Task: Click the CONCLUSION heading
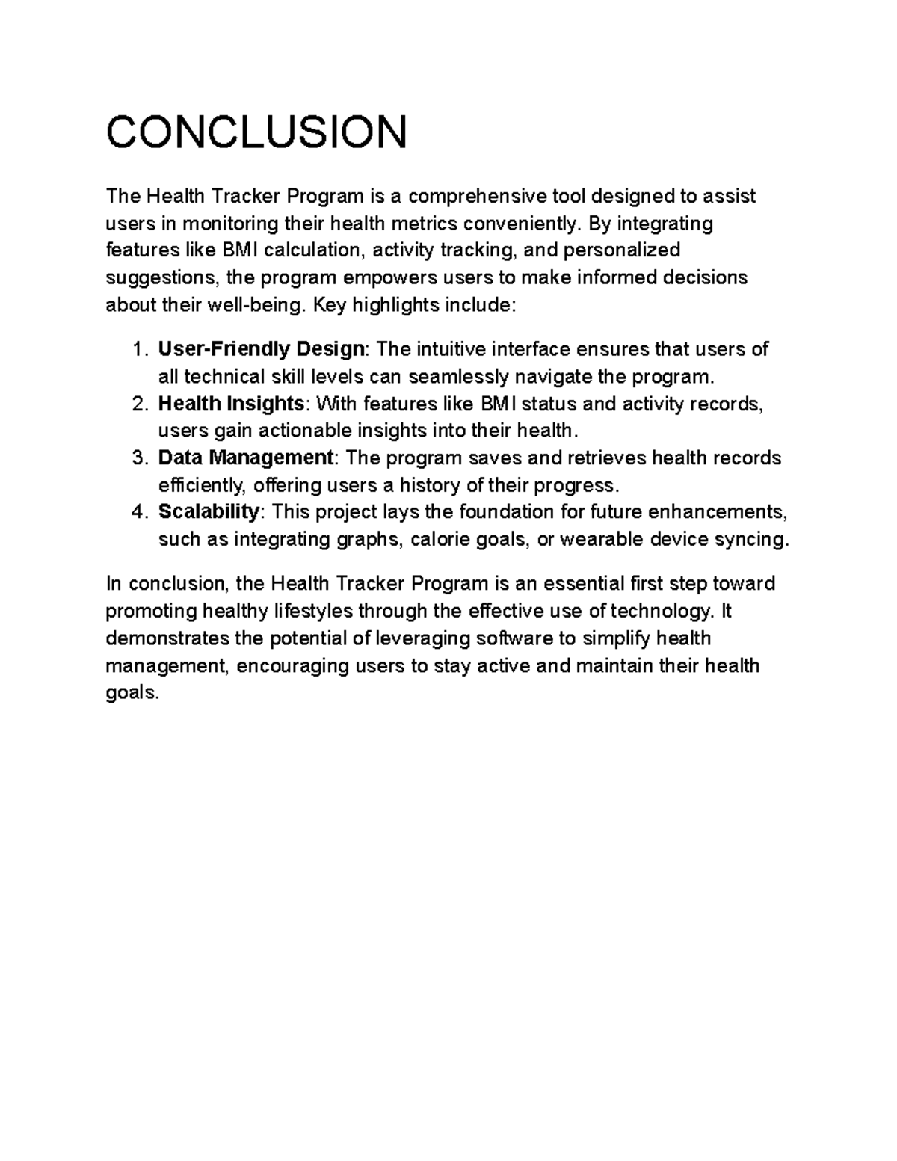point(256,132)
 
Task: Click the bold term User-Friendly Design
point(262,349)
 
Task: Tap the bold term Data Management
point(246,458)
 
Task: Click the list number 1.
point(138,349)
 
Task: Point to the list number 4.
point(138,512)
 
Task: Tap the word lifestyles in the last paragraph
point(312,611)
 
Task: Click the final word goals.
point(132,693)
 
